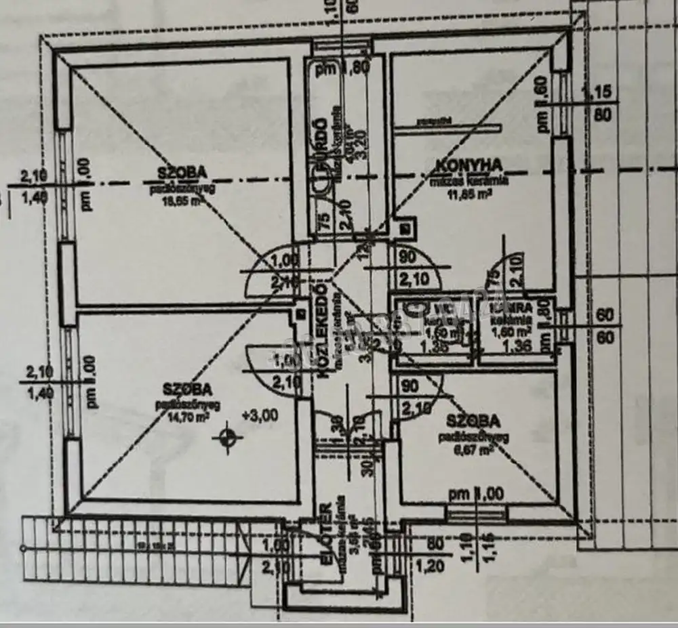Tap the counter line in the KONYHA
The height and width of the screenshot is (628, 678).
pyautogui.click(x=447, y=127)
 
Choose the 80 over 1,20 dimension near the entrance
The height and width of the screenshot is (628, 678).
pyautogui.click(x=435, y=555)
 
